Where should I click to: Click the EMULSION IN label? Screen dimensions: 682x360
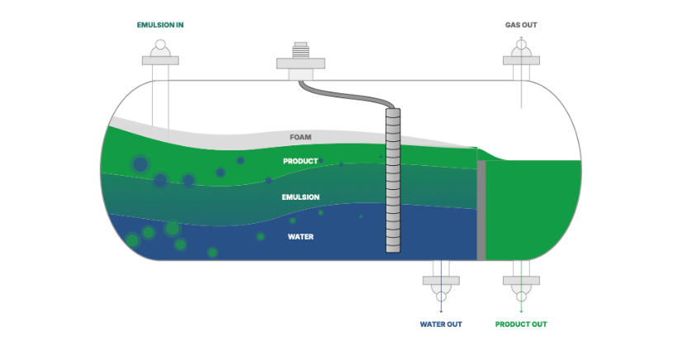pyautogui.click(x=160, y=25)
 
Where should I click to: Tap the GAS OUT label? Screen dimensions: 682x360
pyautogui.click(x=521, y=25)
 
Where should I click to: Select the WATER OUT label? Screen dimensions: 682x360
pyautogui.click(x=441, y=324)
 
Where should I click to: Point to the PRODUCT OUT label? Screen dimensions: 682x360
pyautogui.click(x=521, y=324)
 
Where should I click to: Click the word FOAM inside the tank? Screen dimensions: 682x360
pyautogui.click(x=301, y=137)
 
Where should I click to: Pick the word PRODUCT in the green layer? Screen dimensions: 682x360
pyautogui.click(x=301, y=161)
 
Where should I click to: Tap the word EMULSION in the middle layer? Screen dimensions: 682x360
pyautogui.click(x=301, y=197)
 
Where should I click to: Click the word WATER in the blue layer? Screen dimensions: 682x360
pyautogui.click(x=301, y=237)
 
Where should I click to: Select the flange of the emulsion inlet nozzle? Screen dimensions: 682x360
pyautogui.click(x=160, y=60)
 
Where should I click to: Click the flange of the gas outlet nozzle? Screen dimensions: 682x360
pyautogui.click(x=522, y=60)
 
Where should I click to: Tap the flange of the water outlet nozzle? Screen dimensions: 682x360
pyautogui.click(x=441, y=281)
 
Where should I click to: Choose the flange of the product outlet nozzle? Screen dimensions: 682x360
pyautogui.click(x=522, y=281)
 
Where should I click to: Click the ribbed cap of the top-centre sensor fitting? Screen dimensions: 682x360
pyautogui.click(x=301, y=50)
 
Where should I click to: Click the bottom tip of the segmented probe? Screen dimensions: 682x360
pyautogui.click(x=393, y=252)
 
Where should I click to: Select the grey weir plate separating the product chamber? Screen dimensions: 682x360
pyautogui.click(x=481, y=211)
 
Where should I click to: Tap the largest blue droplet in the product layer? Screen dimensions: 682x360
pyautogui.click(x=140, y=165)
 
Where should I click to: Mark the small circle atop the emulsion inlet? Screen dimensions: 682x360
pyautogui.click(x=160, y=45)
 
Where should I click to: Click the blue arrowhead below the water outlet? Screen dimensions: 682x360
pyautogui.click(x=441, y=311)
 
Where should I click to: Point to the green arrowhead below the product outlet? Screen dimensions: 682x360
pyautogui.click(x=522, y=311)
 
